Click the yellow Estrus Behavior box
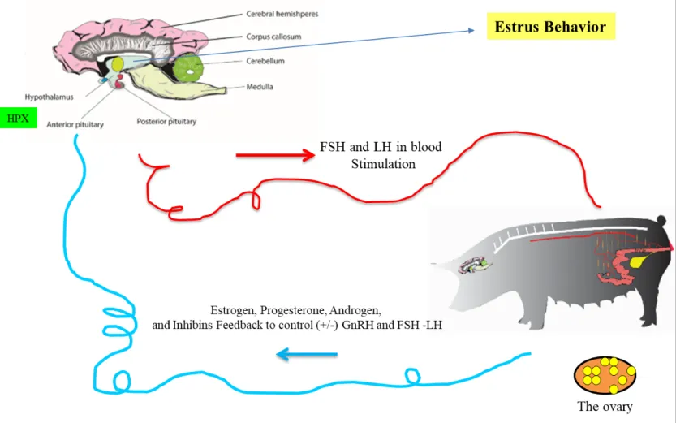click(550, 27)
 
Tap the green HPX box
click(18, 119)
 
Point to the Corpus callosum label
click(273, 37)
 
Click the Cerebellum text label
click(266, 61)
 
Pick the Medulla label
click(260, 86)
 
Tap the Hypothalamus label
click(49, 96)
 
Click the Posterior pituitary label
click(167, 123)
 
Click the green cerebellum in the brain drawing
click(192, 68)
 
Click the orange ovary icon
click(604, 374)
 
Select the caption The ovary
click(605, 407)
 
